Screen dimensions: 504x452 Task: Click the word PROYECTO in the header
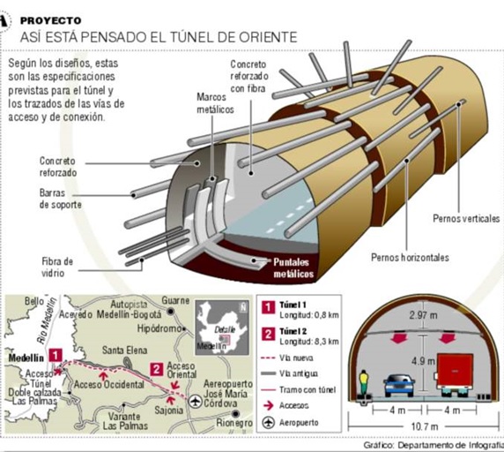(50, 20)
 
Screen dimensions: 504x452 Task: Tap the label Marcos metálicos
(215, 103)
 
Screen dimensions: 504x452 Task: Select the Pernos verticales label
(466, 218)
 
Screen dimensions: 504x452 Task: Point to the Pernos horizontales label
(410, 257)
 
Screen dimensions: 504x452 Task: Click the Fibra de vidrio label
(57, 267)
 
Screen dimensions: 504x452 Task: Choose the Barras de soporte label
(61, 199)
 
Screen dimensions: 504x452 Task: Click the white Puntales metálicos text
(293, 267)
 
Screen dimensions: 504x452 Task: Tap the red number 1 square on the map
(56, 356)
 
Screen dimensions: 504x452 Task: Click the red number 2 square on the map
(157, 369)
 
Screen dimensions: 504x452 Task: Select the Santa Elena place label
(124, 350)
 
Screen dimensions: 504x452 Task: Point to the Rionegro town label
(234, 423)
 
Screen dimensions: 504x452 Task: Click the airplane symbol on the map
(195, 402)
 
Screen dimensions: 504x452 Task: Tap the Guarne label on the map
(175, 300)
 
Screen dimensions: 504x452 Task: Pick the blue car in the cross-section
(399, 385)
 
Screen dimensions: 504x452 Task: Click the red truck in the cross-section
(455, 374)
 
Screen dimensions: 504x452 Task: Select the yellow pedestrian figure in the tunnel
(364, 382)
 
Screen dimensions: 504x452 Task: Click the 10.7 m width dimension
(425, 426)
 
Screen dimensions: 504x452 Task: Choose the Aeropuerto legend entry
(291, 422)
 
